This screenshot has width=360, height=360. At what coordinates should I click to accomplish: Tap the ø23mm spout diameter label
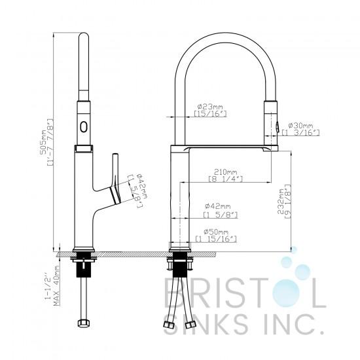pyautogui.click(x=210, y=107)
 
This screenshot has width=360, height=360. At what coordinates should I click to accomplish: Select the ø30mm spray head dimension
pyautogui.click(x=301, y=126)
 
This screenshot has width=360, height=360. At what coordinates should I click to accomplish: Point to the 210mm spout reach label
pyautogui.click(x=226, y=171)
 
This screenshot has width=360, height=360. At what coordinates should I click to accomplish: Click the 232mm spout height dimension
pyautogui.click(x=281, y=201)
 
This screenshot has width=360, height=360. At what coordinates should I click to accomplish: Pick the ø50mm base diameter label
pyautogui.click(x=216, y=232)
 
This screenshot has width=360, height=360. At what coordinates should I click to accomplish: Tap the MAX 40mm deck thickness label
pyautogui.click(x=57, y=285)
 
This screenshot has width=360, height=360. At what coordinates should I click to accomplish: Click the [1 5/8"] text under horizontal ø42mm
pyautogui.click(x=221, y=215)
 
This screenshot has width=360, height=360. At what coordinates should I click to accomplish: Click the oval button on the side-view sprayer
pyautogui.click(x=84, y=126)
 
